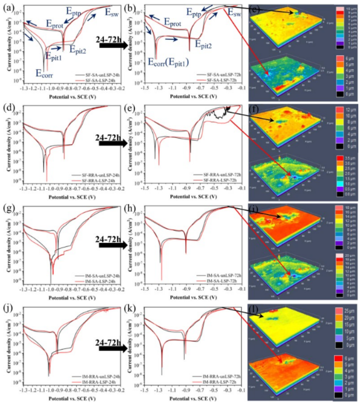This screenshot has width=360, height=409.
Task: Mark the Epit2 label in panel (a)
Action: (77, 49)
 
